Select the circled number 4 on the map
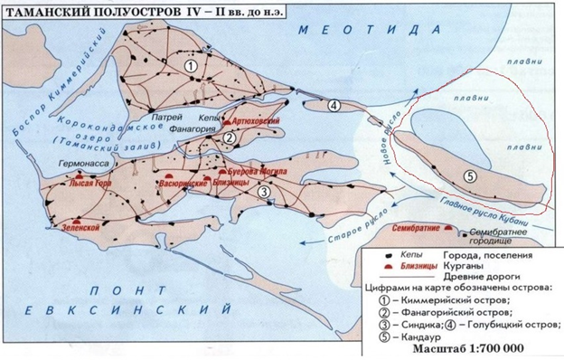[x=334, y=105]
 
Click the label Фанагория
[x=194, y=129]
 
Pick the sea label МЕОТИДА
[x=357, y=30]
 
